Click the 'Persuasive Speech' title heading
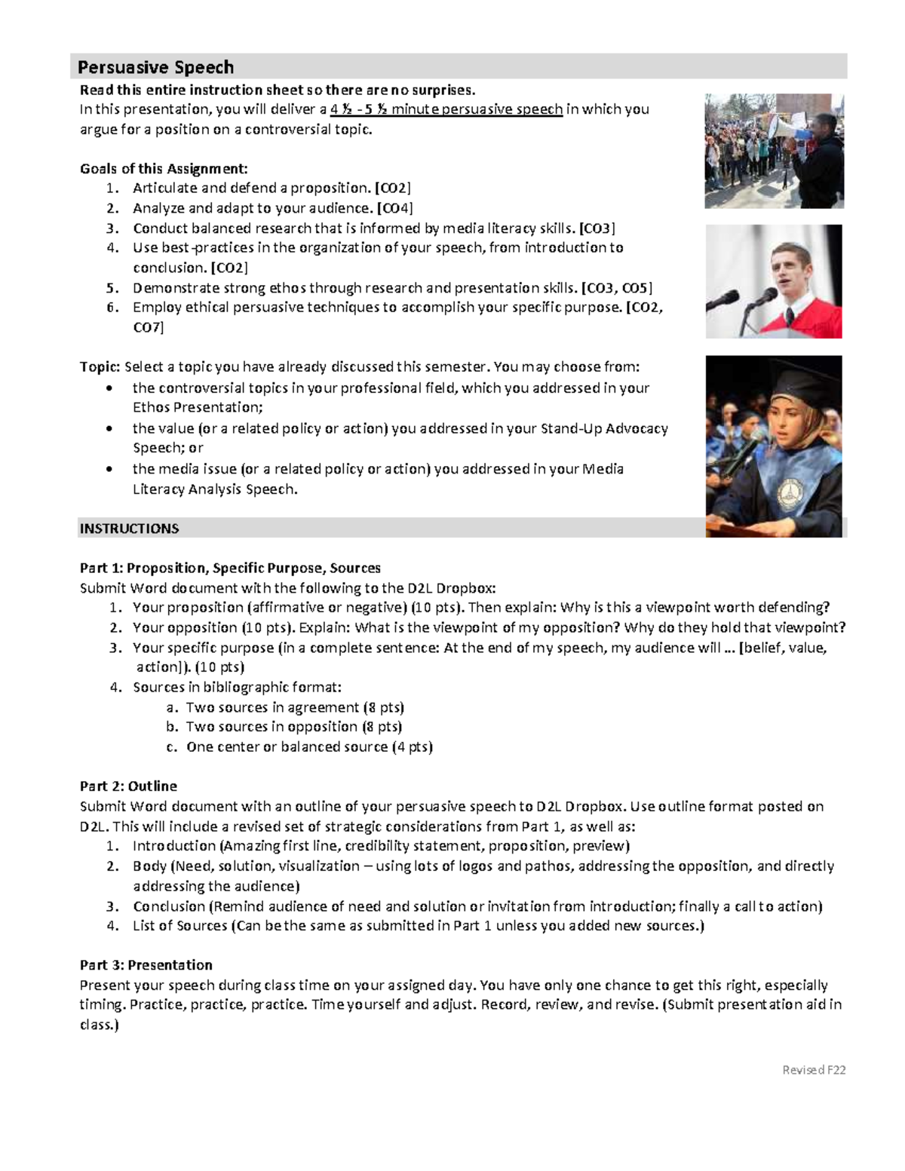pyautogui.click(x=155, y=67)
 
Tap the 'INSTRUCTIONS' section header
pyautogui.click(x=129, y=529)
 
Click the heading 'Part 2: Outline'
pyautogui.click(x=128, y=786)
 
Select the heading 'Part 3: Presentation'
pyautogui.click(x=146, y=964)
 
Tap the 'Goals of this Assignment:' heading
pyautogui.click(x=164, y=168)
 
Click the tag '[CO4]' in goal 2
pyautogui.click(x=394, y=208)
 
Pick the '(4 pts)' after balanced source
pyautogui.click(x=412, y=746)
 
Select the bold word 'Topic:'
pyautogui.click(x=100, y=367)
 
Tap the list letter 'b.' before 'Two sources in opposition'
pyautogui.click(x=172, y=727)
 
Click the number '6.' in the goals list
pyautogui.click(x=112, y=307)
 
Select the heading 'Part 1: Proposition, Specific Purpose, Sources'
pyautogui.click(x=230, y=568)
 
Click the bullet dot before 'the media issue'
pyautogui.click(x=111, y=469)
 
